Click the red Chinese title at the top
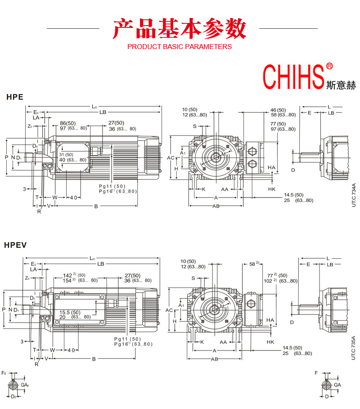(180, 29)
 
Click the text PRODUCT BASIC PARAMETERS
(180, 46)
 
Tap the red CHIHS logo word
(293, 77)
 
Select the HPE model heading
(14, 97)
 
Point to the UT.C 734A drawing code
(353, 194)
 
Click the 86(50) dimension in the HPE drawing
(67, 123)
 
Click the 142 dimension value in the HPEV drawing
(68, 275)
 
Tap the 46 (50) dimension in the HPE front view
(278, 110)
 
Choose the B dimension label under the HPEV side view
(94, 359)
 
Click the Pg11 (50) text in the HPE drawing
(112, 186)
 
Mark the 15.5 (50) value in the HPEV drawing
(70, 312)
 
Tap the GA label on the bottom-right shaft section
(337, 385)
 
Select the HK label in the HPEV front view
(270, 342)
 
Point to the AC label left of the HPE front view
(170, 158)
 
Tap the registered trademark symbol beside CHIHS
(329, 66)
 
